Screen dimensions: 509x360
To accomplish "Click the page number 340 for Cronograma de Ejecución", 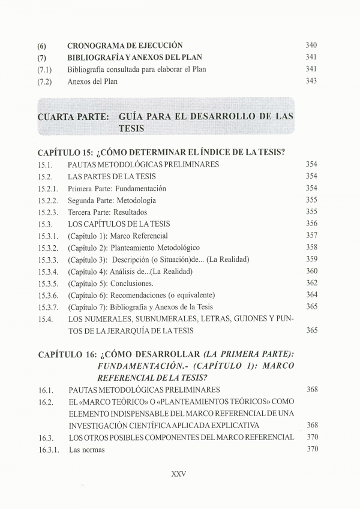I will pyautogui.click(x=311, y=46).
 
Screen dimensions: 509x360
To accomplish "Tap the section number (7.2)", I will pyautogui.click(x=45, y=82).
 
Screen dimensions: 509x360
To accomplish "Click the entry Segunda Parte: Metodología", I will pyautogui.click(x=112, y=200).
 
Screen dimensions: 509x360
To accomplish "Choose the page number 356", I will pyautogui.click(x=311, y=224).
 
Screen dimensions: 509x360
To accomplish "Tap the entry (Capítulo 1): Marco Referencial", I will pyautogui.click(x=118, y=236).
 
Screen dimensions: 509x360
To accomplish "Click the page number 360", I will pyautogui.click(x=311, y=271).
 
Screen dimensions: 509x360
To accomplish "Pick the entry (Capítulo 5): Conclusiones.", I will pyautogui.click(x=110, y=283).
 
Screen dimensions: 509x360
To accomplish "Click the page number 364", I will pyautogui.click(x=311, y=294).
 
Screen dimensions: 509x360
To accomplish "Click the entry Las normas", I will pyautogui.click(x=86, y=449).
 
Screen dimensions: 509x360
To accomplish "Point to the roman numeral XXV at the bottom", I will pyautogui.click(x=179, y=473).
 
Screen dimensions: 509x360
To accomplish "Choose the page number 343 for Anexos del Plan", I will pyautogui.click(x=311, y=82).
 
